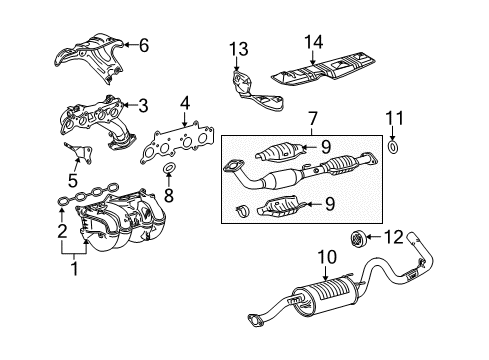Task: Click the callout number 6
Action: pos(144,44)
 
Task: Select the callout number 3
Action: pos(144,103)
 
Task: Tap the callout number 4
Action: pos(184,101)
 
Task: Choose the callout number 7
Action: pos(312,119)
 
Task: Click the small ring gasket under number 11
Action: pos(393,149)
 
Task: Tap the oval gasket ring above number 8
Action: pos(168,166)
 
